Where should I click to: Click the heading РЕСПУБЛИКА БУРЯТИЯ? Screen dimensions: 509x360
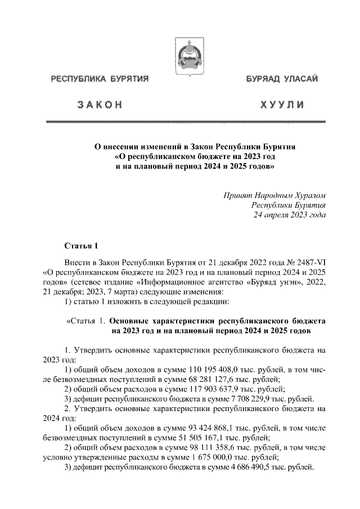click(x=100, y=79)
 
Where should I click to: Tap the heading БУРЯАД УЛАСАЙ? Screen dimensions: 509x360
click(x=281, y=79)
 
